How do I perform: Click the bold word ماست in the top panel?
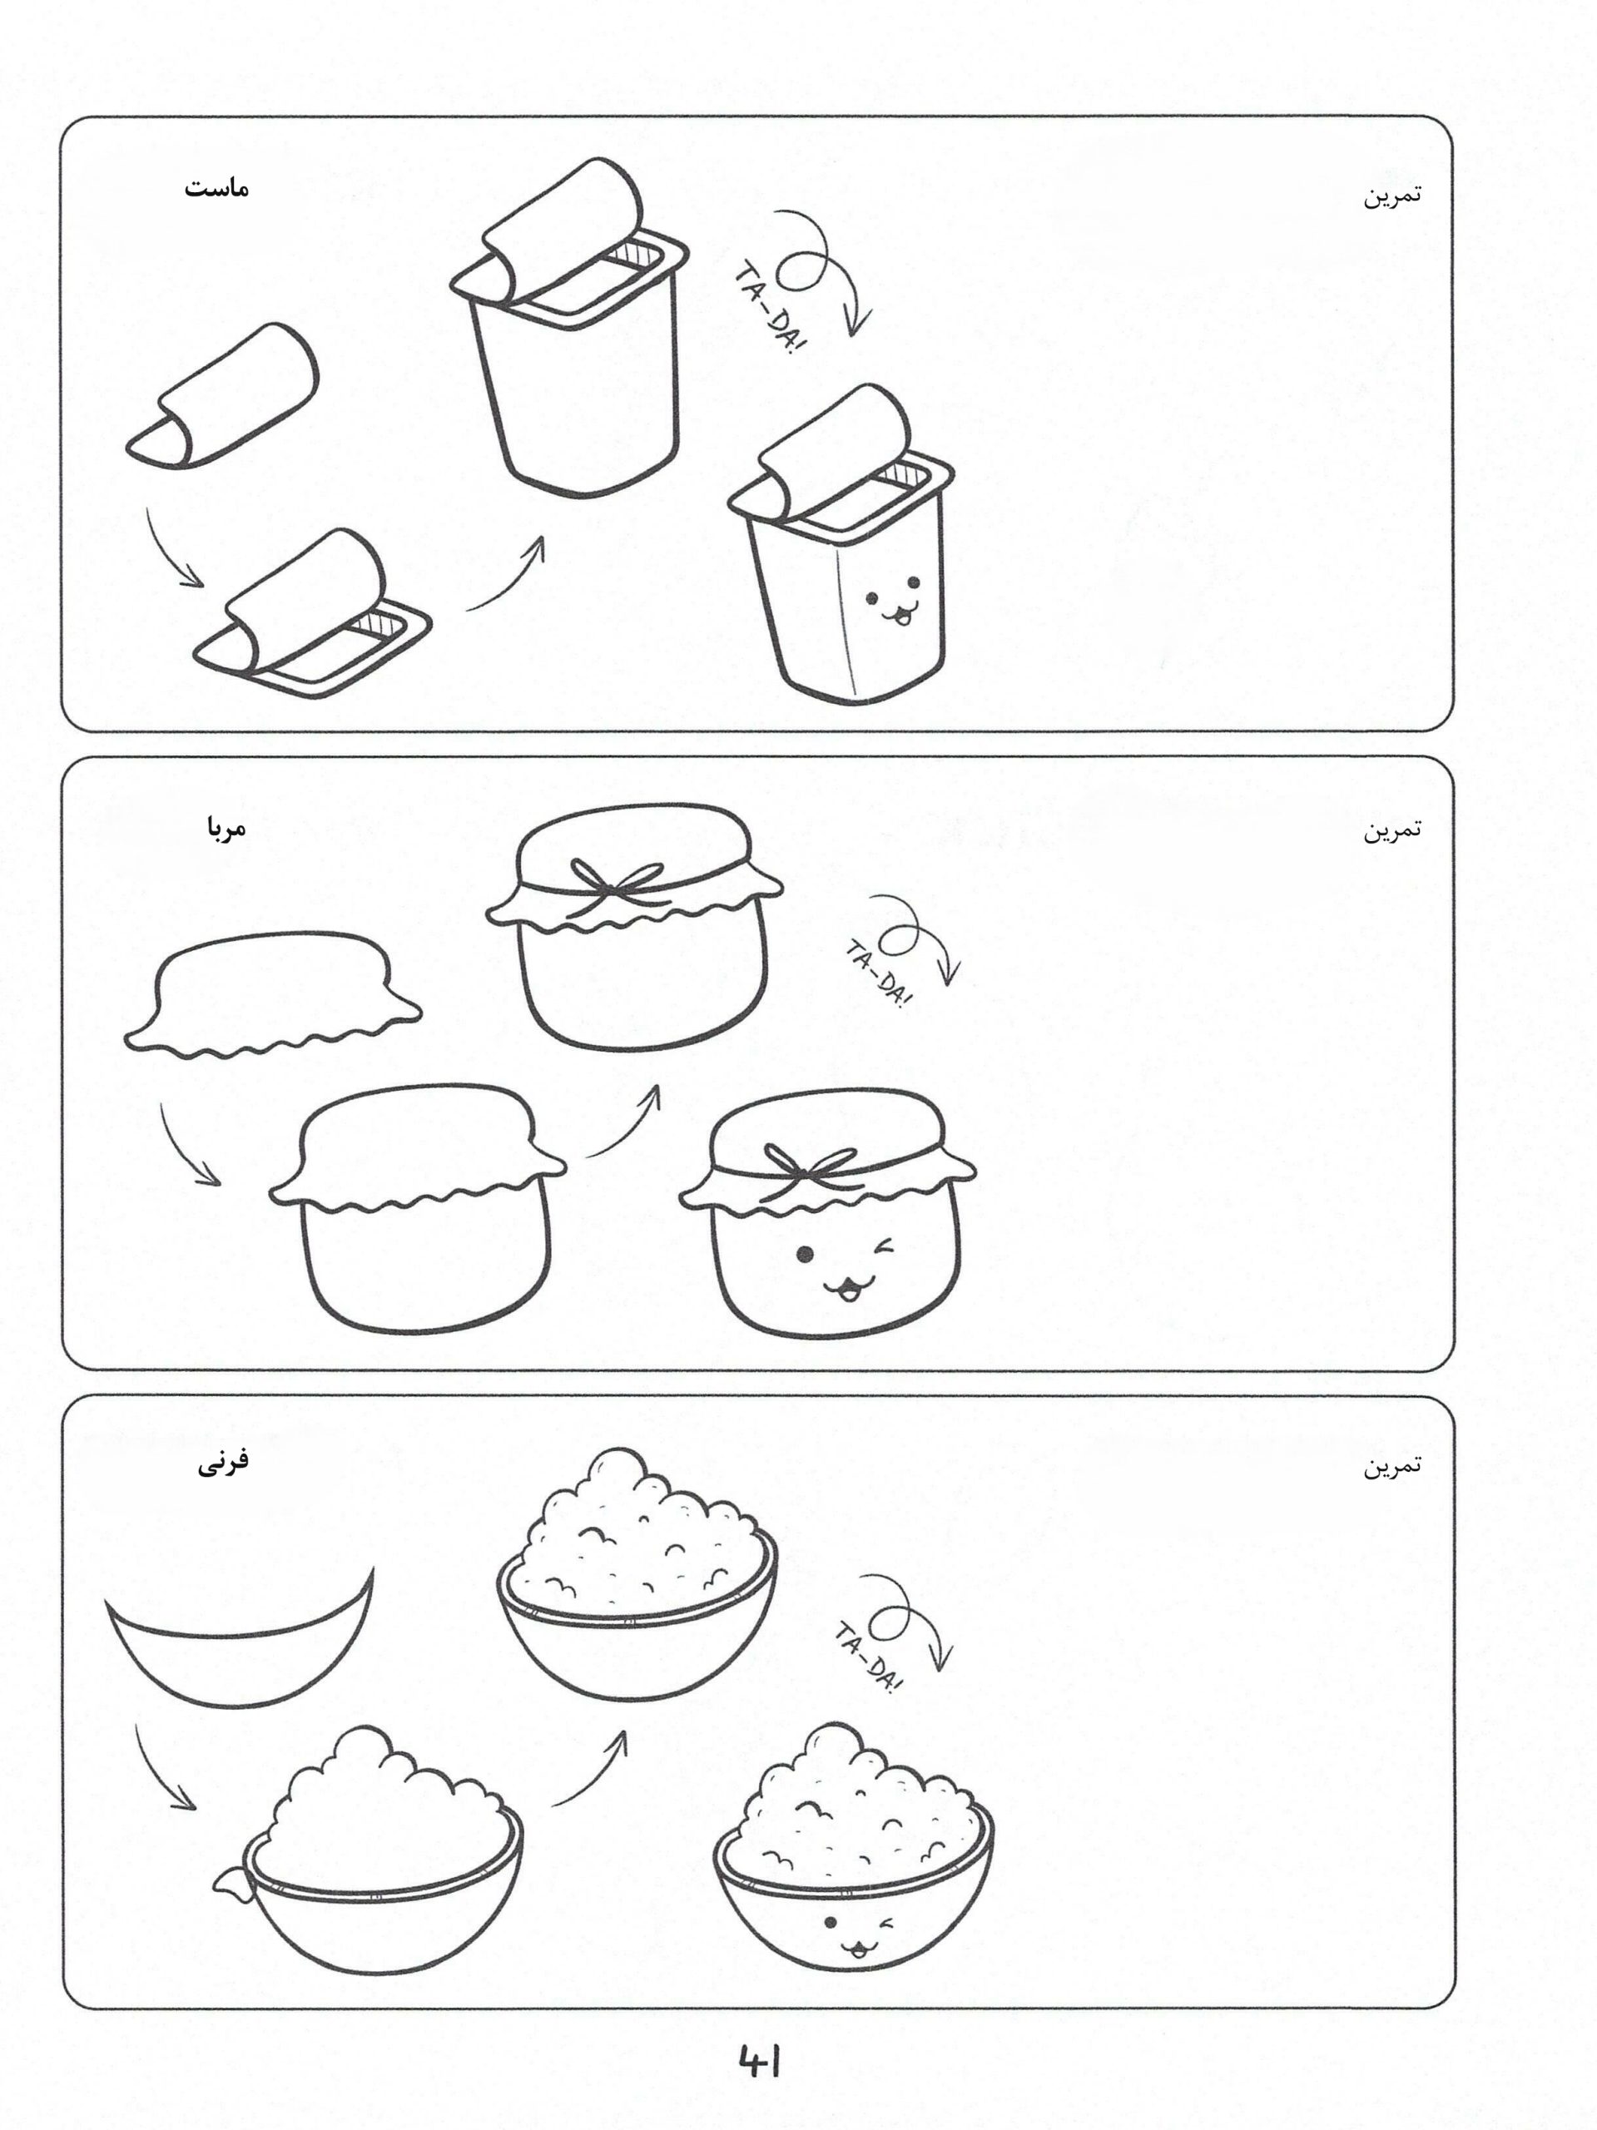coord(216,188)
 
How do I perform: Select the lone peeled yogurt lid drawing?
coord(222,397)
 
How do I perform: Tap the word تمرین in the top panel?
coord(1391,196)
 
